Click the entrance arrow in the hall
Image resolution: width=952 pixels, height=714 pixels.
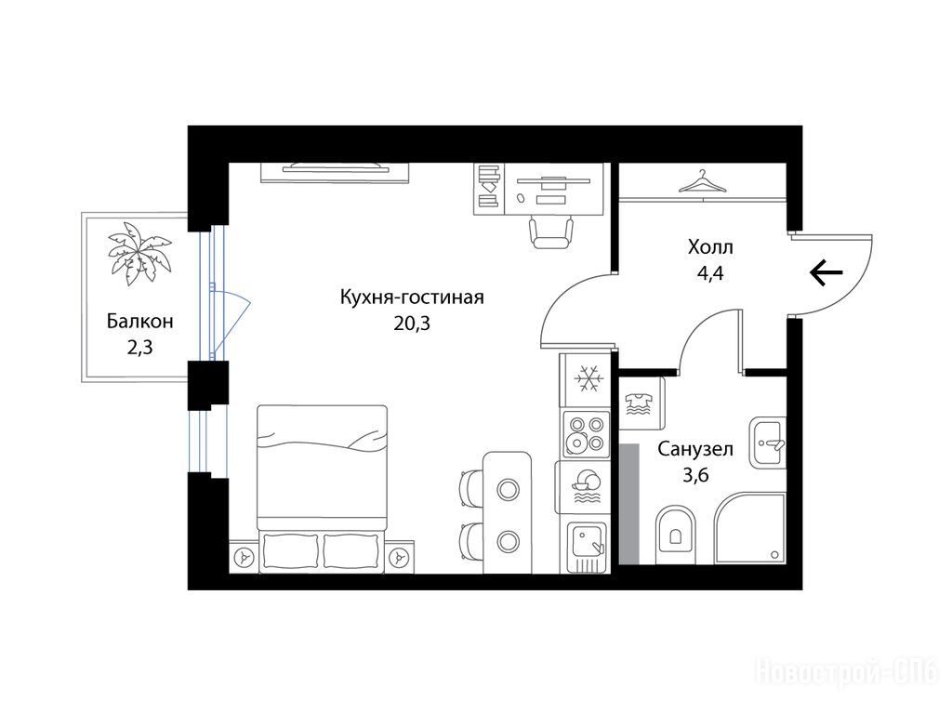coord(826,272)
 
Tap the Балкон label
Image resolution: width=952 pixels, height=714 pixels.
coord(140,321)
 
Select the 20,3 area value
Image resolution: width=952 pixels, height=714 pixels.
coord(412,324)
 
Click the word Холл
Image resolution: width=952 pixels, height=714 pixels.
coord(710,247)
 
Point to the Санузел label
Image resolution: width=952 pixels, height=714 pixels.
coord(695,449)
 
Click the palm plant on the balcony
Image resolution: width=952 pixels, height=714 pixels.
coord(139,253)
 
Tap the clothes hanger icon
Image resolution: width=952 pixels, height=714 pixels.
coord(703,181)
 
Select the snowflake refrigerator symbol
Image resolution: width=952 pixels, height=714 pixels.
coord(588,378)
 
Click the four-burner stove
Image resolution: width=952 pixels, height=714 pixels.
coord(586,433)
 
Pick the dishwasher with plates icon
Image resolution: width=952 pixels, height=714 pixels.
coord(586,487)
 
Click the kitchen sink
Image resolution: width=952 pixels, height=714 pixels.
coord(588,547)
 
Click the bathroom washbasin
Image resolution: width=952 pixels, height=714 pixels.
coord(768,442)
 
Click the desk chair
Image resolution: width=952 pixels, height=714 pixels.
coord(550,232)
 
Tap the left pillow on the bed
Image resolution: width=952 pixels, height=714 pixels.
coord(291,550)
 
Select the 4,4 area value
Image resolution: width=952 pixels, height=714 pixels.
coord(709,273)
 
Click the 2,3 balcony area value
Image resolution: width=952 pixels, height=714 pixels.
coord(139,348)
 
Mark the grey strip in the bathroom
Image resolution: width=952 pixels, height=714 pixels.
coord(629,503)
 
